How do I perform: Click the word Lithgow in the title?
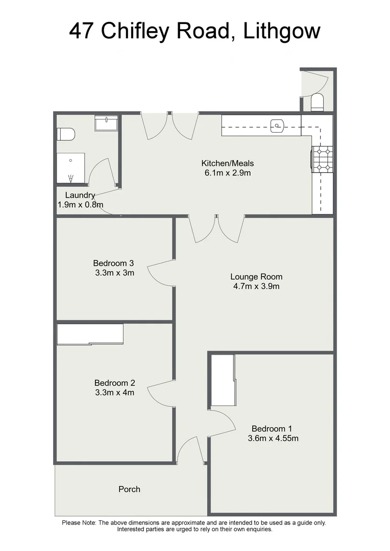click(x=282, y=31)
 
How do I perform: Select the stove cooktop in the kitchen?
click(x=323, y=159)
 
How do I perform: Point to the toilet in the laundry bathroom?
click(x=66, y=135)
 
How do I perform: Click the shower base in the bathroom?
click(x=71, y=168)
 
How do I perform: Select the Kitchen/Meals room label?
click(x=228, y=164)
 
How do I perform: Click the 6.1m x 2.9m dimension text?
click(x=228, y=173)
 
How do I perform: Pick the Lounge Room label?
click(x=256, y=277)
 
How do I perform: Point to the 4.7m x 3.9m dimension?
click(x=256, y=286)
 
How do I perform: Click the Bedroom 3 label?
click(x=113, y=263)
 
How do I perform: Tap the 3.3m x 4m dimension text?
click(x=114, y=392)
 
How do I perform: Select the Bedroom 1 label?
click(x=272, y=429)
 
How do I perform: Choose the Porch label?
click(x=129, y=489)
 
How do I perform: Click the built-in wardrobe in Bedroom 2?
click(x=90, y=334)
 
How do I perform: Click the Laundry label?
click(x=80, y=195)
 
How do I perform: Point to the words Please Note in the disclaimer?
click(x=79, y=522)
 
